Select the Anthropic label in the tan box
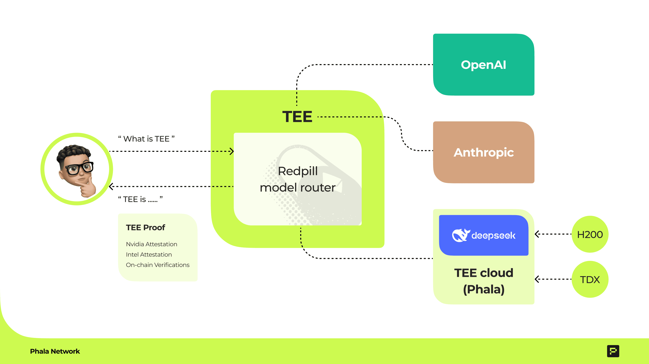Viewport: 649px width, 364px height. [x=483, y=152]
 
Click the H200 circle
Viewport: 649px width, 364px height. [x=590, y=234]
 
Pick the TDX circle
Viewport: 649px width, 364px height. [x=590, y=279]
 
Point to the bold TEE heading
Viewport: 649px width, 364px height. [x=297, y=117]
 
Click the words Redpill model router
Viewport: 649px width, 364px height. [x=297, y=179]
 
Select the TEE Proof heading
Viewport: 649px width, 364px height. [x=145, y=227]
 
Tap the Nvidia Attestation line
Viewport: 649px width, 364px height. [x=151, y=244]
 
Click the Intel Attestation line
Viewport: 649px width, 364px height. [x=149, y=255]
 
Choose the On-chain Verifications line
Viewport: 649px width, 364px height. [x=158, y=265]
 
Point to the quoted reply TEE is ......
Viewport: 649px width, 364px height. [x=140, y=199]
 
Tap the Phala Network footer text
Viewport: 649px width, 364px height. [x=55, y=351]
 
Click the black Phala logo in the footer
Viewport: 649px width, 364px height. [x=613, y=351]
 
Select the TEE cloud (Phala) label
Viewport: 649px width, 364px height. [x=483, y=281]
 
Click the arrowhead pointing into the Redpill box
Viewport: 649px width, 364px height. [x=231, y=151]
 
